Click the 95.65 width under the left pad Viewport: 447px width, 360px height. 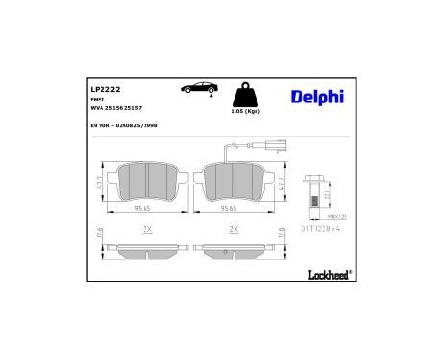(x=144, y=208)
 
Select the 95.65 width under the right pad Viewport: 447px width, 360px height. (x=231, y=208)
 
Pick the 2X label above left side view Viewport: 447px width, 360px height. (x=146, y=231)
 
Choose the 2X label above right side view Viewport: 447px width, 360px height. (x=233, y=231)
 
